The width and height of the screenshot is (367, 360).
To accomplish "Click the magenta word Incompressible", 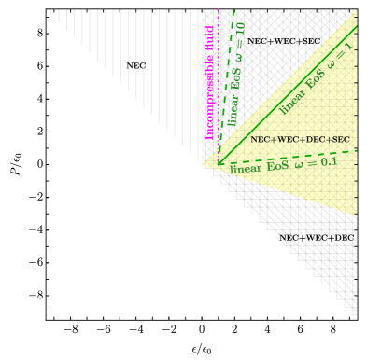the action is click(x=209, y=101).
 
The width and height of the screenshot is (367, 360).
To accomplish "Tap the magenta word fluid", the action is click(x=209, y=43).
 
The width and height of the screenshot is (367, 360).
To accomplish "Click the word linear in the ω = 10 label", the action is click(x=233, y=111).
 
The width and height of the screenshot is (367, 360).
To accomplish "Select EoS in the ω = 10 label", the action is click(x=235, y=79).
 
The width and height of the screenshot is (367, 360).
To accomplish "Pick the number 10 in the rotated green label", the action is click(x=240, y=31).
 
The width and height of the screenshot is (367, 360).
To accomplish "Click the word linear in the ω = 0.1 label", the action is click(x=246, y=169).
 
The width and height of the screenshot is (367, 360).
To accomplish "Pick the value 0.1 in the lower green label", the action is click(x=328, y=161).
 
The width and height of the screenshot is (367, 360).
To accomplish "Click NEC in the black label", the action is click(x=261, y=140).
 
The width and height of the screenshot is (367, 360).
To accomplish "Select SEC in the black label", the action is click(x=338, y=140).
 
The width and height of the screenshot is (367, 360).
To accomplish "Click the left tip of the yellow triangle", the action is click(x=202, y=165).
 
